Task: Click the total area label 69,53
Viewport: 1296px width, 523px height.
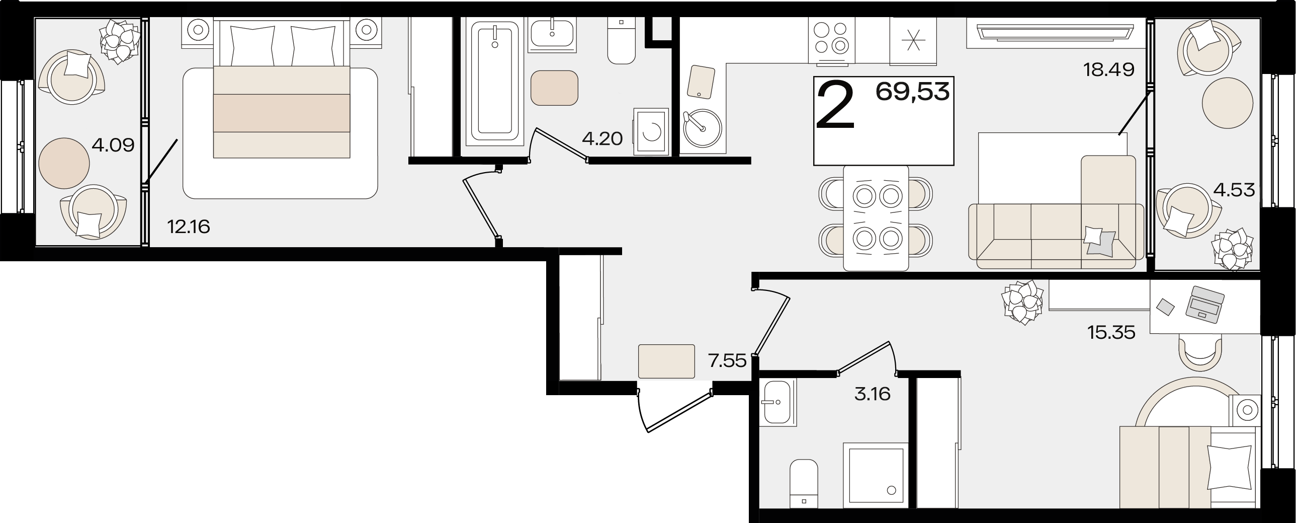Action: point(913,93)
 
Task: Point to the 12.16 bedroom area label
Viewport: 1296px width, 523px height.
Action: point(189,227)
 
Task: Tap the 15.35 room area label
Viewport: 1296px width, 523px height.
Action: point(1111,333)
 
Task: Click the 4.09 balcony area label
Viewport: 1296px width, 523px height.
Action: point(113,145)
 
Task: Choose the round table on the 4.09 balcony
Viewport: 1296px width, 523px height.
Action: point(64,163)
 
